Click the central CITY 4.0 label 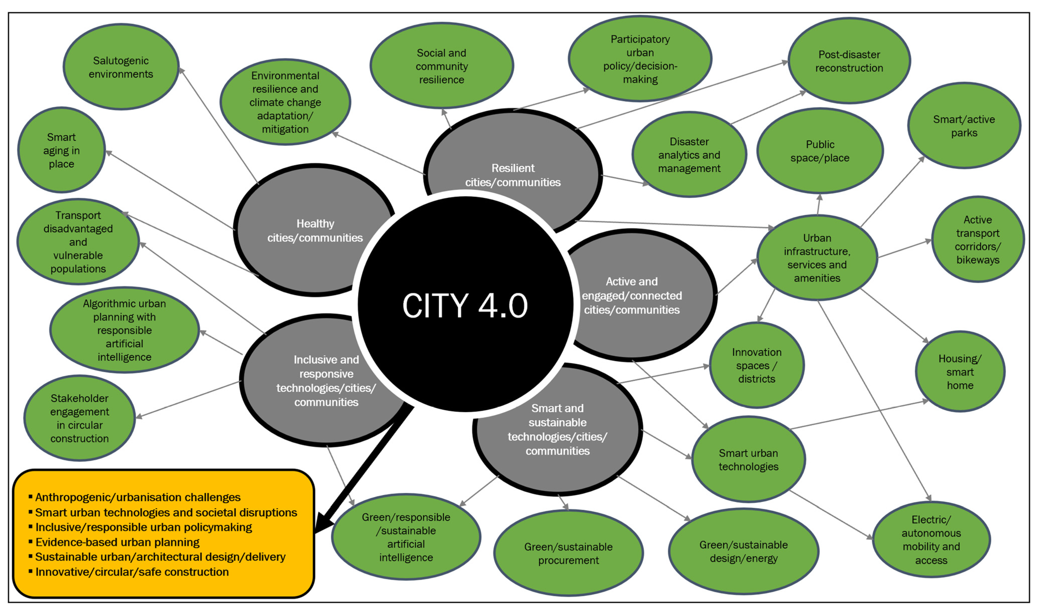(x=465, y=305)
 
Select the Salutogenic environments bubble (x=121, y=67)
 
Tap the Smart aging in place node (x=61, y=150)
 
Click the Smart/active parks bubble (x=964, y=126)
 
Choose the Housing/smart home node (x=960, y=372)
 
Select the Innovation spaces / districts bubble (x=756, y=365)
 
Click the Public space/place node (x=820, y=151)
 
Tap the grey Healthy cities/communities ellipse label (x=315, y=230)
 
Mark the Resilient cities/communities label (x=513, y=175)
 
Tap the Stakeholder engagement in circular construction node (x=79, y=418)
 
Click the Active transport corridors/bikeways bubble (x=977, y=239)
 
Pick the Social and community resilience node (x=441, y=66)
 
